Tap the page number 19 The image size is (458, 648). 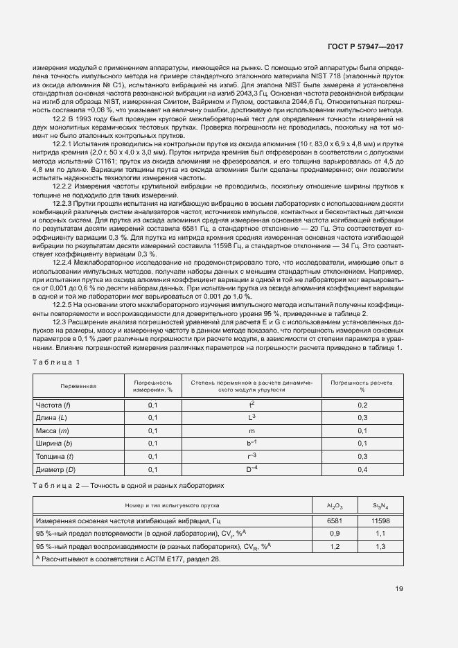point(398,590)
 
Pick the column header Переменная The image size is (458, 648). point(78,386)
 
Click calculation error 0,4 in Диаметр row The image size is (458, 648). point(362,470)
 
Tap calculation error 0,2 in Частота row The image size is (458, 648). point(362,404)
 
